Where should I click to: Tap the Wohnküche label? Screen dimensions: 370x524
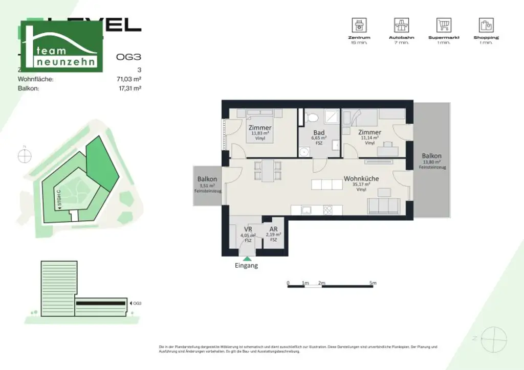point(361,179)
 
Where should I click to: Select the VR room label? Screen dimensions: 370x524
point(247,230)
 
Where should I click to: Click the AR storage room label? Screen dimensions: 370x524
point(274,229)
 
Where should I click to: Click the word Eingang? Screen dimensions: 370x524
point(246,266)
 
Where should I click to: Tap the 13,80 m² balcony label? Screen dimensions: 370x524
point(431,156)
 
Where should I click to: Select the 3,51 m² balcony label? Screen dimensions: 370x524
point(207,179)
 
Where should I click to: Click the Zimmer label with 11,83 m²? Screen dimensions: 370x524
point(260,128)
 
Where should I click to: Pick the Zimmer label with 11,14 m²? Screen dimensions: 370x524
point(369,132)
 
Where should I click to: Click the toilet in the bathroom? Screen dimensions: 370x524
point(310,118)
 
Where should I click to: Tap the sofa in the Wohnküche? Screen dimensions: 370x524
point(383,206)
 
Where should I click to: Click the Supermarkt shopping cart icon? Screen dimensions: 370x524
point(443,25)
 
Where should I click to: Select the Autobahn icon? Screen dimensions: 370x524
point(401,25)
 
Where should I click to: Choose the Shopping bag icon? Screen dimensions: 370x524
point(486,25)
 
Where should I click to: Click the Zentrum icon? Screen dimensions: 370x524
point(359,25)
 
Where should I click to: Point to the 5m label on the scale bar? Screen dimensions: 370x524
point(373,283)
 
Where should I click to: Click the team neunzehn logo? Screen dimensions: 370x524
point(61,47)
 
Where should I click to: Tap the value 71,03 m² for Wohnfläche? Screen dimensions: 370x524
point(129,79)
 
